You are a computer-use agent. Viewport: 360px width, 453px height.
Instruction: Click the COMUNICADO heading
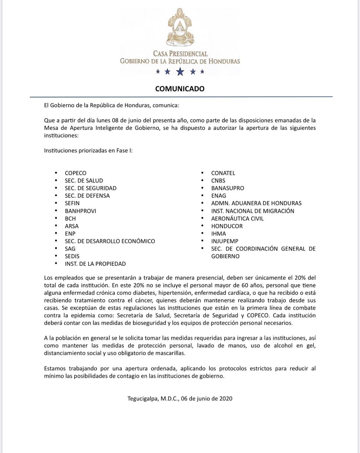(x=180, y=89)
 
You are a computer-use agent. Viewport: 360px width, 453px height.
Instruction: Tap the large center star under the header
(x=180, y=72)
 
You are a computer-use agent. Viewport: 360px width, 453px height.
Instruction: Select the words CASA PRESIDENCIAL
(x=180, y=54)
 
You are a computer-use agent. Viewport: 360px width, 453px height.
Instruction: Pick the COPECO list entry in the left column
(x=75, y=173)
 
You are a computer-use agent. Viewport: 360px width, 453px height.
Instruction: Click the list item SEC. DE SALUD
(x=84, y=180)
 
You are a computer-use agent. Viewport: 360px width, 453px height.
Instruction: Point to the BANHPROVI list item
(x=80, y=211)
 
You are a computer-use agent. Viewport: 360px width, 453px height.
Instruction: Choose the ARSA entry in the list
(x=72, y=226)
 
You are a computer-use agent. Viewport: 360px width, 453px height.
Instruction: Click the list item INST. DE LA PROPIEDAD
(x=95, y=264)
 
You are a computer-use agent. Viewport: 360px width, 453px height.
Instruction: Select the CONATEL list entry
(x=223, y=173)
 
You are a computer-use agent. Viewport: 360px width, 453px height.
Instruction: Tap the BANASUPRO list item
(x=228, y=188)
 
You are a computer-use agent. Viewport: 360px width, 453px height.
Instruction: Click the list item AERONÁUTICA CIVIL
(x=237, y=218)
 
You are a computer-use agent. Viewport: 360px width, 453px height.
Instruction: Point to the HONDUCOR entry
(x=227, y=226)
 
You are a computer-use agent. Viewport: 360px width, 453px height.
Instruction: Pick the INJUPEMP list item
(x=225, y=241)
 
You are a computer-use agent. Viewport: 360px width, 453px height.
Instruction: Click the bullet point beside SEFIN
(x=56, y=203)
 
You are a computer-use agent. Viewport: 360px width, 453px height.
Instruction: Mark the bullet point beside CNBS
(x=202, y=181)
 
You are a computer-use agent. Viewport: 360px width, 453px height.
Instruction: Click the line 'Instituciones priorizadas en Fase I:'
(x=88, y=150)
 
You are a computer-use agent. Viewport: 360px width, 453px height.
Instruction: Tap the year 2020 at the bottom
(x=226, y=398)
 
